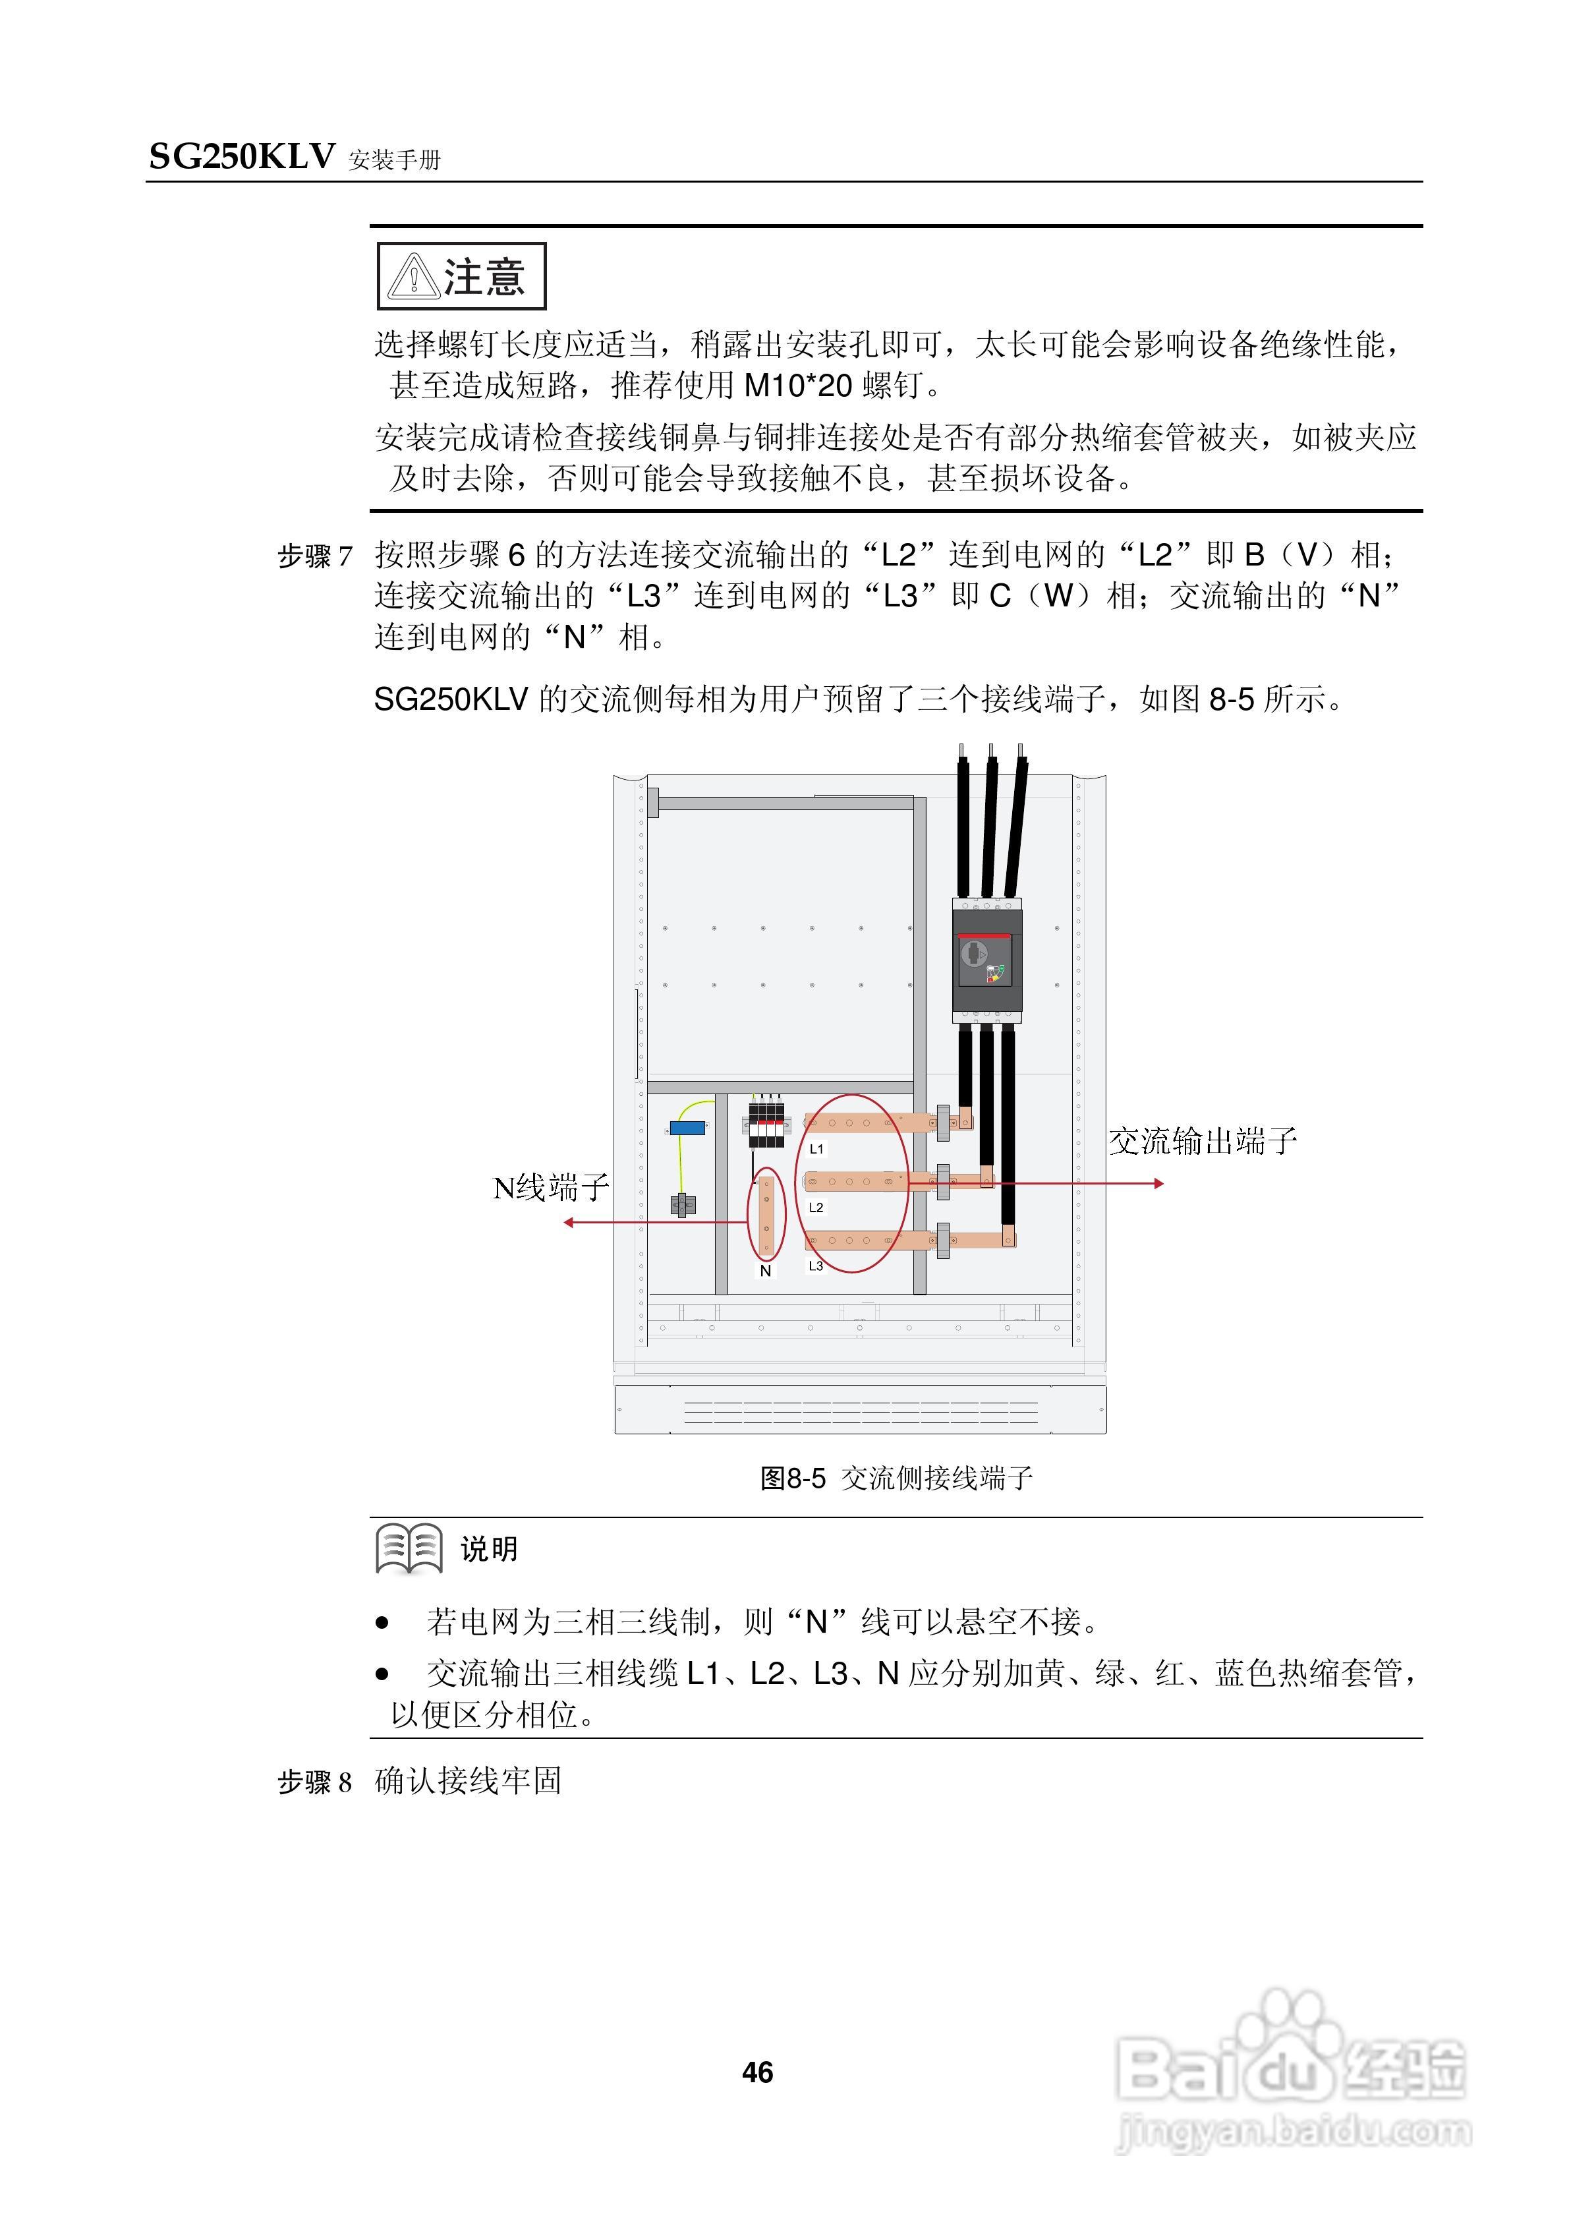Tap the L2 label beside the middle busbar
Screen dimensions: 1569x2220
[816, 1207]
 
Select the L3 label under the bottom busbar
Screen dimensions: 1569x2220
[816, 1266]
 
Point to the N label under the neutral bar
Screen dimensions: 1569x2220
[766, 1271]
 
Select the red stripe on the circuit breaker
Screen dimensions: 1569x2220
[984, 936]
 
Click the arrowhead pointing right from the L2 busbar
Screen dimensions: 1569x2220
[1158, 1183]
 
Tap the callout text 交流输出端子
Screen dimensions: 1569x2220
[1203, 1141]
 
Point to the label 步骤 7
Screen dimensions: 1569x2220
[315, 556]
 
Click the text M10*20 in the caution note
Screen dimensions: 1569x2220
[797, 386]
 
